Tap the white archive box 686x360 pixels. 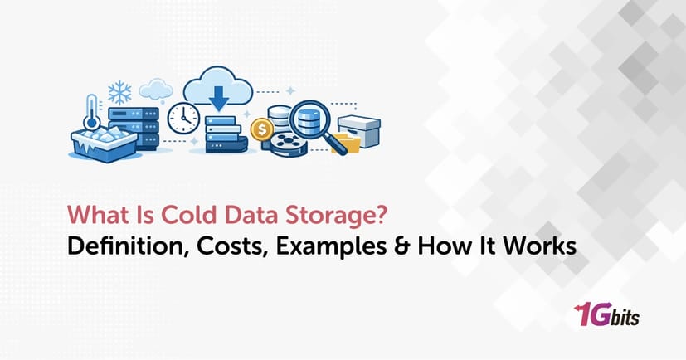[x=359, y=131]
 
